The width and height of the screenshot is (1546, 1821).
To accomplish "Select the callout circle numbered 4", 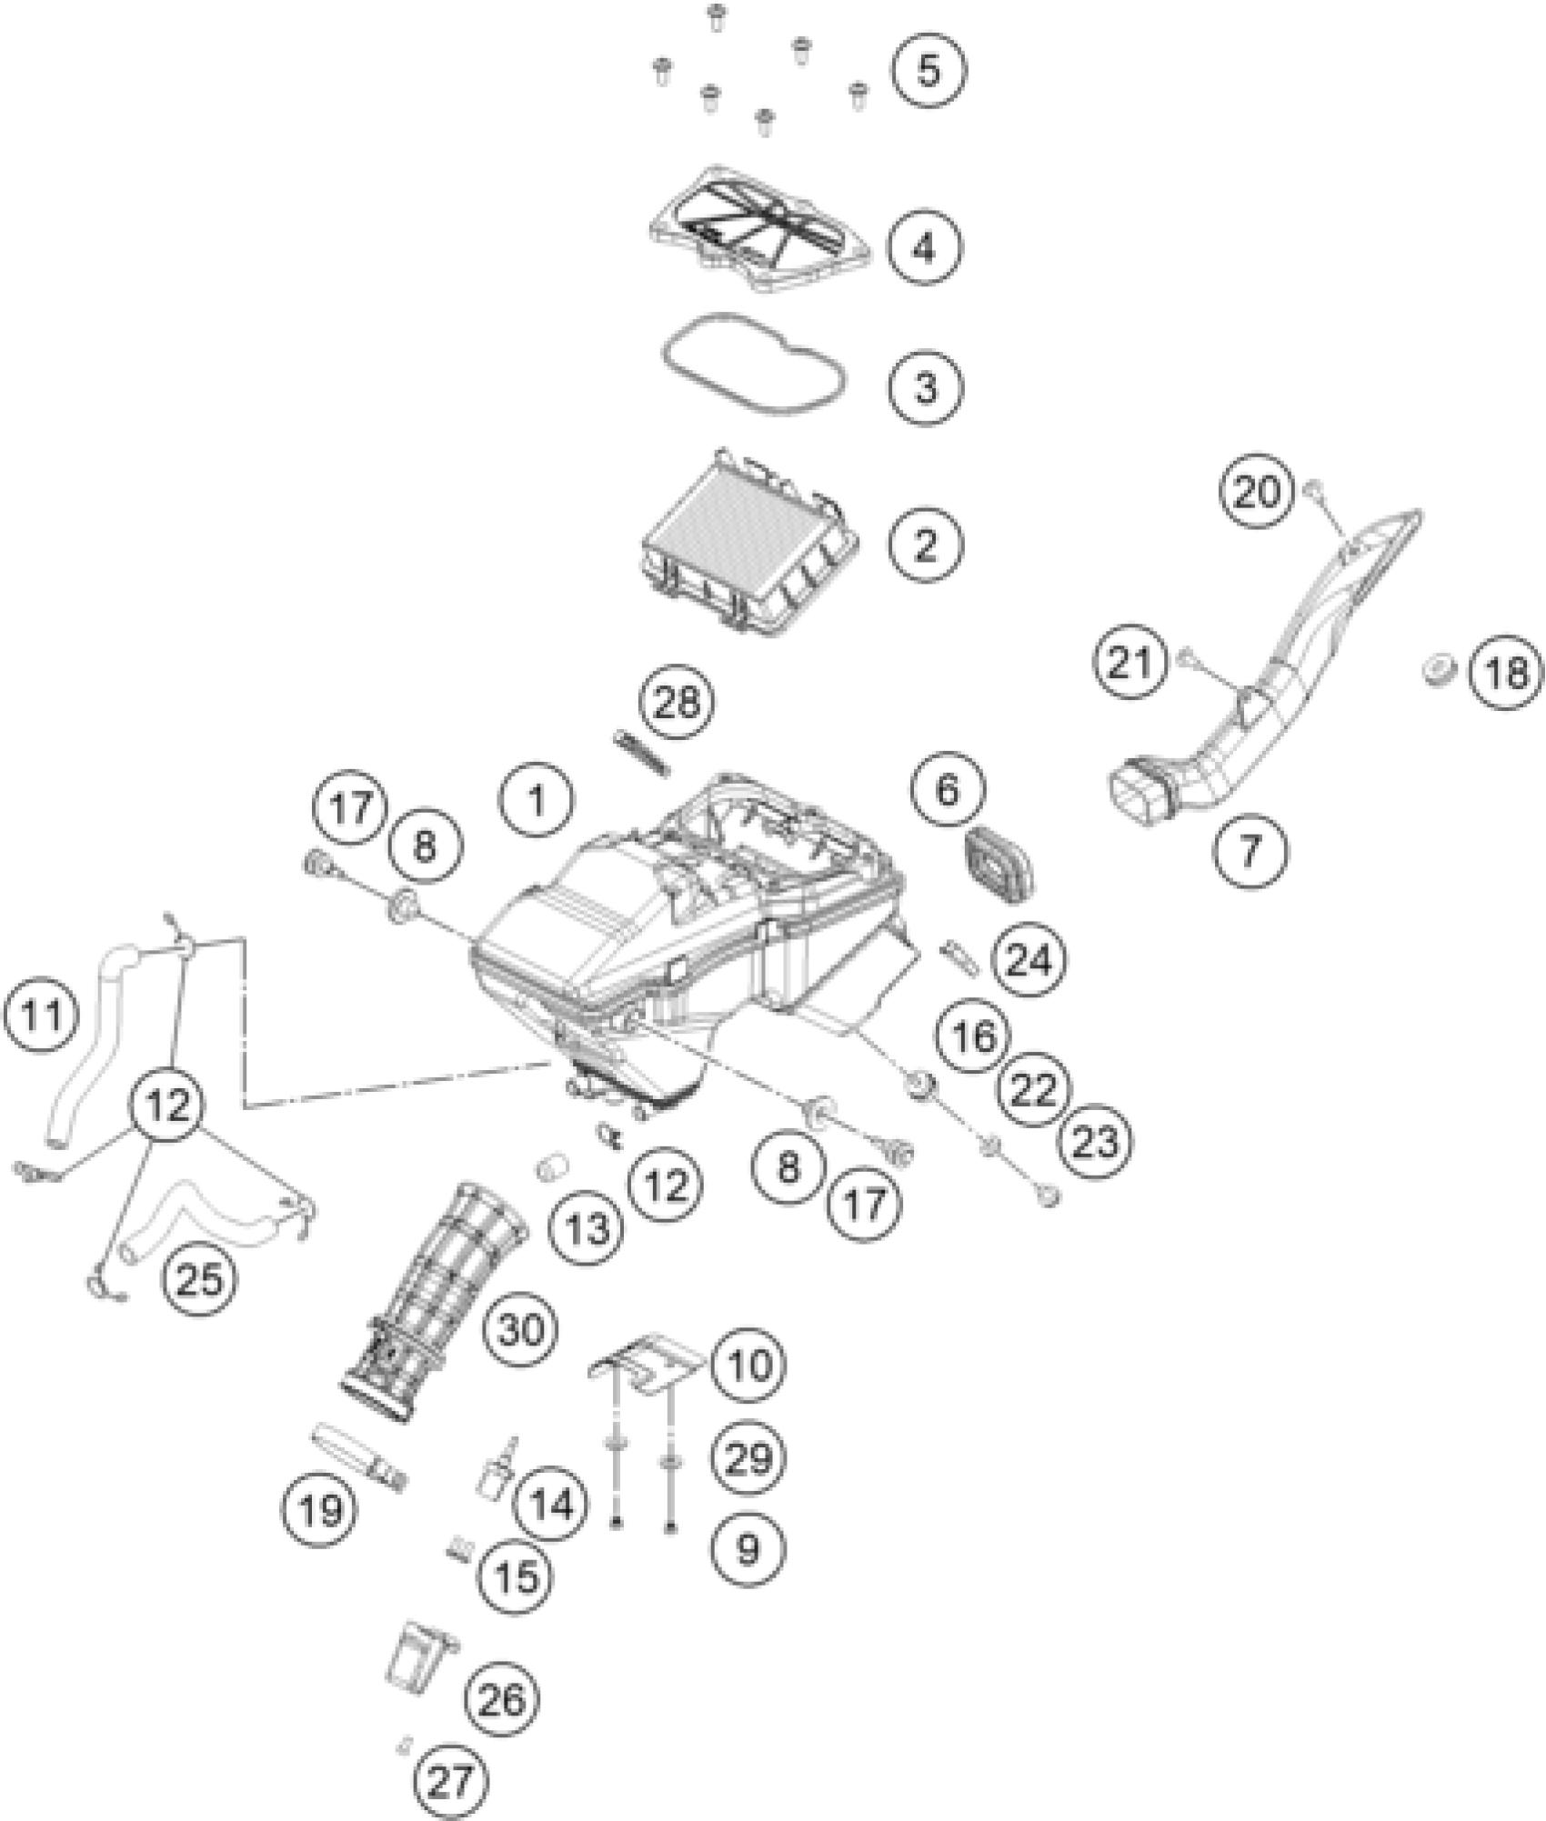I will (x=925, y=247).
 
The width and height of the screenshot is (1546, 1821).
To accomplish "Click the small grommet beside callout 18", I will (x=1439, y=673).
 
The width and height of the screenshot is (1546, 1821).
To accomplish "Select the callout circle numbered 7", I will (x=1251, y=851).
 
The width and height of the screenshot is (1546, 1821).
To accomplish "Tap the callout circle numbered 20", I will (x=1257, y=494).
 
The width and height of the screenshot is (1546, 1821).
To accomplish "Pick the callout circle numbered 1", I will (x=537, y=802).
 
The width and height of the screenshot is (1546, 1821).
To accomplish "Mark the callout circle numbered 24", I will (x=1029, y=960).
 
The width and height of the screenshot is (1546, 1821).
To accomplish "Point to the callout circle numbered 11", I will (x=40, y=1015).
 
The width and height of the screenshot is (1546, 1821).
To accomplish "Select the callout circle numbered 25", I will (x=199, y=1280).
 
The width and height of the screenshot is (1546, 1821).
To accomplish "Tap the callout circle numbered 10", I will (x=749, y=1390).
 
